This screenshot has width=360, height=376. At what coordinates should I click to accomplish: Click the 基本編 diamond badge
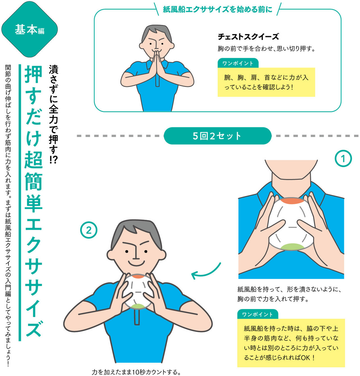tap(29, 29)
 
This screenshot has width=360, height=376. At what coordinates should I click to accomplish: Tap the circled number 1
tap(343, 159)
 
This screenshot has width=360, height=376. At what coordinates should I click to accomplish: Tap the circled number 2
tap(89, 230)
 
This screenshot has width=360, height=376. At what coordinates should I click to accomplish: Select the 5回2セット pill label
tap(217, 136)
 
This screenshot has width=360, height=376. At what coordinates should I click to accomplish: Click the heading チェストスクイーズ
tap(248, 37)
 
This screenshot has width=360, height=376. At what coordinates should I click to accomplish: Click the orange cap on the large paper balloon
tap(291, 201)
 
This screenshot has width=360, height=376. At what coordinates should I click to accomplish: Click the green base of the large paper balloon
tap(291, 246)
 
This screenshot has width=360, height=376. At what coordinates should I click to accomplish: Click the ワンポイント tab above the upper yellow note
tap(238, 63)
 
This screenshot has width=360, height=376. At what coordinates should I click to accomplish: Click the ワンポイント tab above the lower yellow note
tap(257, 314)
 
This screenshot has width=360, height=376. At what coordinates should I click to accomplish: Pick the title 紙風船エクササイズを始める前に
tap(217, 9)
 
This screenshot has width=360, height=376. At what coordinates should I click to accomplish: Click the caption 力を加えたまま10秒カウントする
tap(136, 372)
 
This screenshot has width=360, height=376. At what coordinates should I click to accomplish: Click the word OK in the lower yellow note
tap(305, 357)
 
